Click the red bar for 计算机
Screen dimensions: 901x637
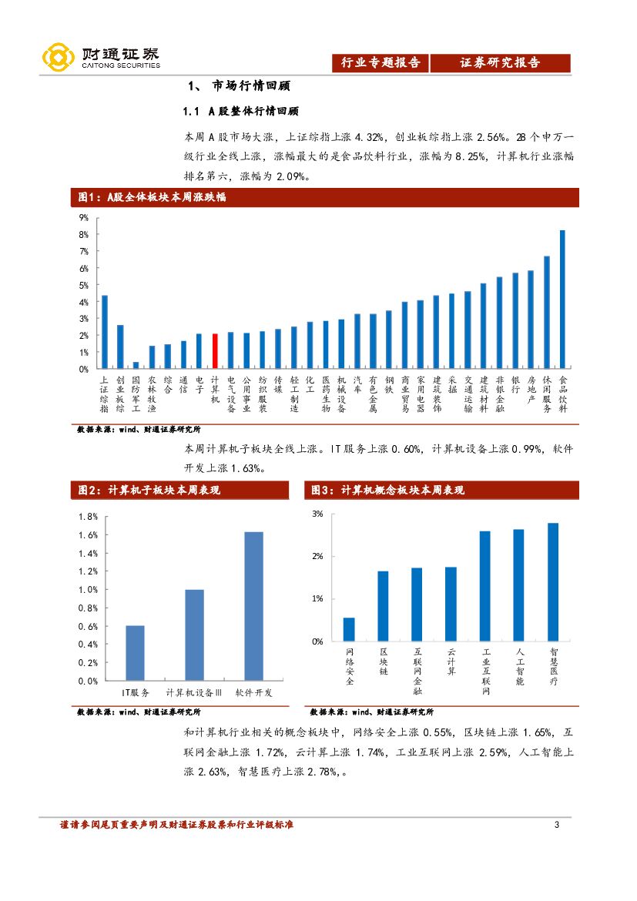[x=215, y=351]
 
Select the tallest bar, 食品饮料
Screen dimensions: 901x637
[x=562, y=300]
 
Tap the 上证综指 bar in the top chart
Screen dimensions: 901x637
[x=105, y=332]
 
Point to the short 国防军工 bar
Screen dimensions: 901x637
[x=136, y=365]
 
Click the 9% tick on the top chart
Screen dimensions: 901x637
[x=84, y=218]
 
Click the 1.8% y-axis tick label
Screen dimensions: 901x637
[x=88, y=517]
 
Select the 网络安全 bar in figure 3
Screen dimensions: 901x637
[x=349, y=629]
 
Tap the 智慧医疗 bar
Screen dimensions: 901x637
[x=553, y=582]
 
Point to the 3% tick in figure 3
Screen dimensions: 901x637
[x=317, y=514]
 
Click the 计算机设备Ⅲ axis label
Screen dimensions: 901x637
[x=194, y=693]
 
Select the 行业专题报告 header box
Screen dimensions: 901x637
[x=381, y=63]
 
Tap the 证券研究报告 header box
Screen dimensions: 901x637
[x=500, y=63]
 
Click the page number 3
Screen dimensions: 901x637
[x=556, y=826]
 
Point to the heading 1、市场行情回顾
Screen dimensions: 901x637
[x=239, y=85]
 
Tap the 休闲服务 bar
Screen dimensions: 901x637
[x=547, y=313]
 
